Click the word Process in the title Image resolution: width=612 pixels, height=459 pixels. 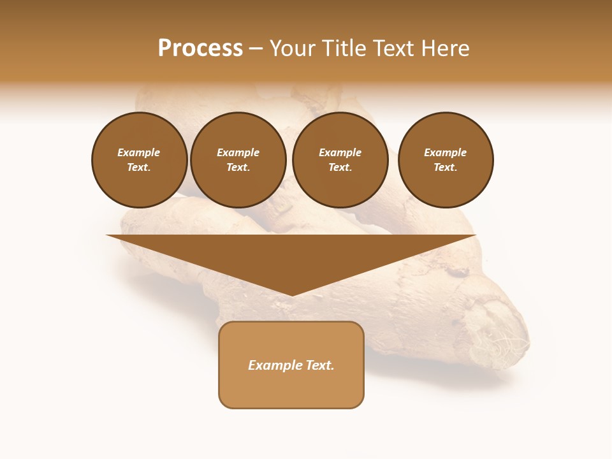200,48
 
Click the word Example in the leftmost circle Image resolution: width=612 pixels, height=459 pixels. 138,152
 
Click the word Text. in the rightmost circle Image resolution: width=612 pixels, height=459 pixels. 445,167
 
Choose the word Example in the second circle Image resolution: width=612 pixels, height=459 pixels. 238,152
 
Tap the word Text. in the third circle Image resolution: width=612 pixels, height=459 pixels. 340,167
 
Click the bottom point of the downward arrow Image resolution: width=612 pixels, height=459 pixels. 292,295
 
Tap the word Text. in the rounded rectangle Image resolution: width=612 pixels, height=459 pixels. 320,365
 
